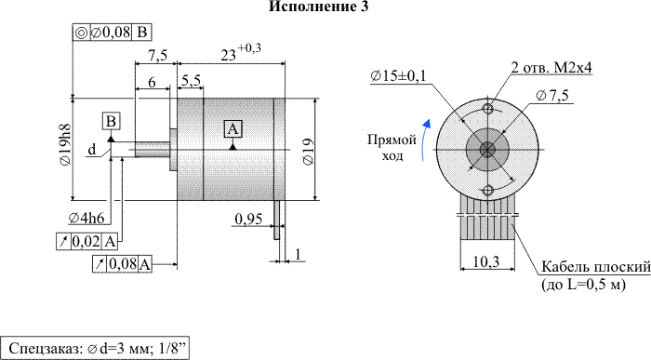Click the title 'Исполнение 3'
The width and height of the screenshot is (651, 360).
click(x=318, y=7)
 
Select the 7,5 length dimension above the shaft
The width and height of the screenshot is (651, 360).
click(x=157, y=55)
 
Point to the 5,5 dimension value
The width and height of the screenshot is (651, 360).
click(x=191, y=81)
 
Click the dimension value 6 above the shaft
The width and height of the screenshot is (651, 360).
click(x=152, y=82)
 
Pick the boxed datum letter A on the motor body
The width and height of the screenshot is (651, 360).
click(x=232, y=128)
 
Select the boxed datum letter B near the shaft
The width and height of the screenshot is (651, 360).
click(x=112, y=121)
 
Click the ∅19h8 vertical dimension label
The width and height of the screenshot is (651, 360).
click(x=65, y=145)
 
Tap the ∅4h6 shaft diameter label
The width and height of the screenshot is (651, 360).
click(x=86, y=218)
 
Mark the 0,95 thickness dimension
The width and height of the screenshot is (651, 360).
click(x=248, y=219)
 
